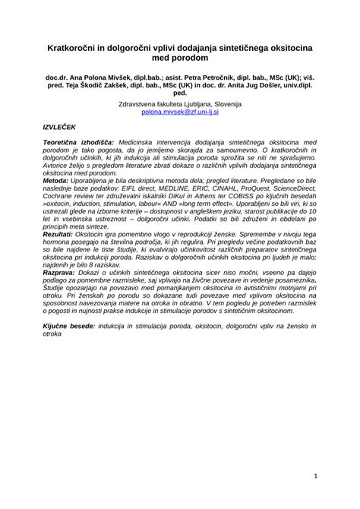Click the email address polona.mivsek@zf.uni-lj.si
point(179,111)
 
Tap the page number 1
point(314,476)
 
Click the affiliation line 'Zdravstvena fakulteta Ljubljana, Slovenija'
point(179,103)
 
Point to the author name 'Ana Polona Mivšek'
point(96,77)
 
